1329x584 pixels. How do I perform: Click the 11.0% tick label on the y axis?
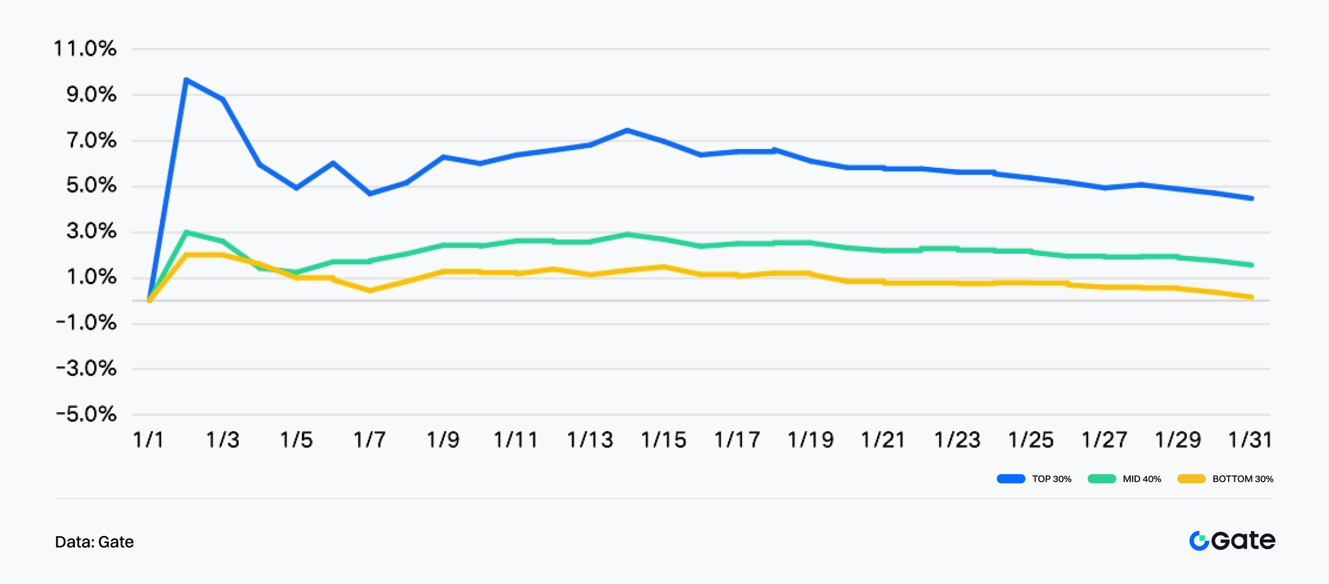pyautogui.click(x=85, y=49)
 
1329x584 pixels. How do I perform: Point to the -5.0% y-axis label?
pyautogui.click(x=86, y=414)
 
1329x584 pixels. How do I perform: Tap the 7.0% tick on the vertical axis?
pyautogui.click(x=91, y=140)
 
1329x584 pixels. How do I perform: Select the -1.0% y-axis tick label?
pyautogui.click(x=86, y=322)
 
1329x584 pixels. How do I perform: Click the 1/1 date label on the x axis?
pyautogui.click(x=148, y=440)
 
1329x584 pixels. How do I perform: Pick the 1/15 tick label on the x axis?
pyautogui.click(x=663, y=440)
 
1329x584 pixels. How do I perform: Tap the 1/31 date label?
pyautogui.click(x=1250, y=440)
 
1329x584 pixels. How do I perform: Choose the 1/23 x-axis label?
pyautogui.click(x=957, y=440)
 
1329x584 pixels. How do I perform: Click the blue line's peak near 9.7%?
pyautogui.click(x=187, y=80)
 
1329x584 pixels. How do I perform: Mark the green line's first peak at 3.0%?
pyautogui.click(x=187, y=232)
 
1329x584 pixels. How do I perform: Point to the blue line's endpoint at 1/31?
pyautogui.click(x=1251, y=198)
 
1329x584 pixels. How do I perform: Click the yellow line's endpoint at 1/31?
pyautogui.click(x=1251, y=297)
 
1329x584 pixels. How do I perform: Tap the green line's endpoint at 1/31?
pyautogui.click(x=1251, y=265)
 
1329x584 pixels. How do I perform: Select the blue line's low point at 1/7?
pyautogui.click(x=370, y=193)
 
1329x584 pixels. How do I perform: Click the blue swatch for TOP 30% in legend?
pyautogui.click(x=1011, y=479)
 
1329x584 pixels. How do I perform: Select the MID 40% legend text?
pyautogui.click(x=1142, y=479)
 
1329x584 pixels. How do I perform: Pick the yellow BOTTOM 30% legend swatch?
pyautogui.click(x=1191, y=479)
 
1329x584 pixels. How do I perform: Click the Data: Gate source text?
pyautogui.click(x=94, y=542)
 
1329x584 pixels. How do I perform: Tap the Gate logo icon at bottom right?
pyautogui.click(x=1199, y=541)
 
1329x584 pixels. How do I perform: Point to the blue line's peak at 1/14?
pyautogui.click(x=626, y=130)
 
